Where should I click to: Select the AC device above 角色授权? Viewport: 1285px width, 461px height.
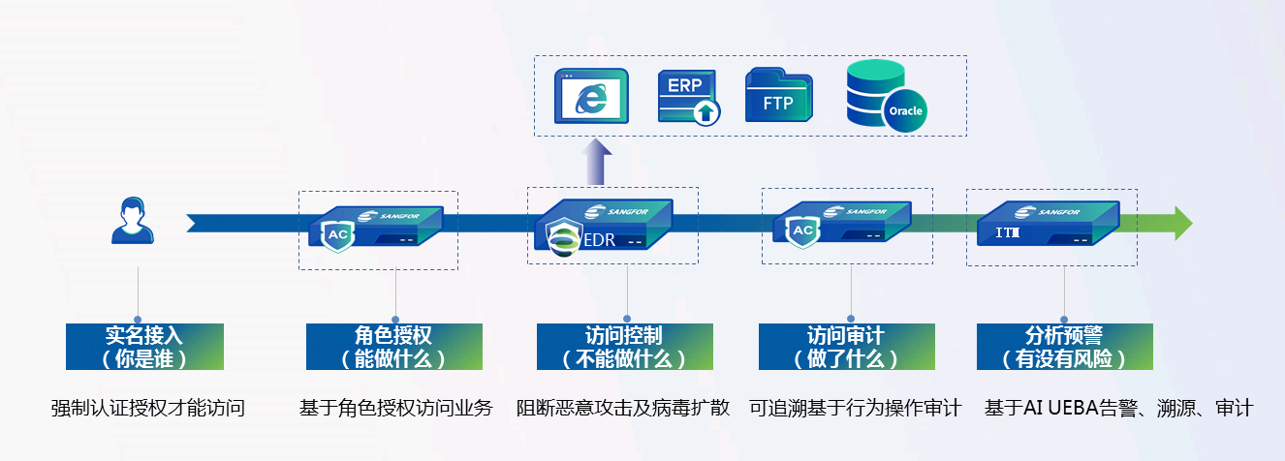coord(378,229)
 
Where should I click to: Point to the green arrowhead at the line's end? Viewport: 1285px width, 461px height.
coord(1182,223)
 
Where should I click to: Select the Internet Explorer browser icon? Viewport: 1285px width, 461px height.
coord(591,96)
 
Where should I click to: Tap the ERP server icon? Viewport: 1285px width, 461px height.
coord(689,96)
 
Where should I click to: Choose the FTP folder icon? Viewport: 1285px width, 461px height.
coord(778,95)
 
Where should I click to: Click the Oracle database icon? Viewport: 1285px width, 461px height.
coord(884,94)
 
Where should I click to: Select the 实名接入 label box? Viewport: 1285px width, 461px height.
coord(144,347)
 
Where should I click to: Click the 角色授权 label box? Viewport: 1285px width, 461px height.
coord(393,347)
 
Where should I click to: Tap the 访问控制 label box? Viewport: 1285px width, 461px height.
coord(624,347)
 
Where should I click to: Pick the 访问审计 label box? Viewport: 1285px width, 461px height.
coord(846,347)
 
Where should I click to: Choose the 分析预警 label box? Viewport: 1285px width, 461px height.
coord(1064,347)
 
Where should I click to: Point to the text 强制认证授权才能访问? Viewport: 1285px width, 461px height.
coord(147,408)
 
